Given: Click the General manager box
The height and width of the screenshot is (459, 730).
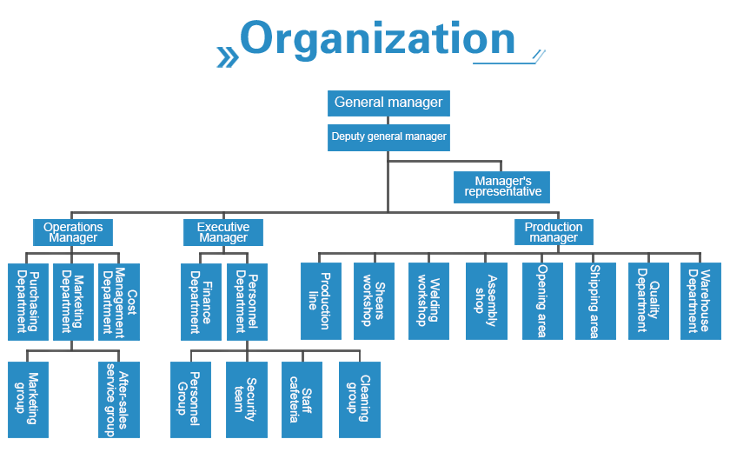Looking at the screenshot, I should (388, 103).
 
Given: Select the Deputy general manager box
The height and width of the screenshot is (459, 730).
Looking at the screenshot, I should (388, 137).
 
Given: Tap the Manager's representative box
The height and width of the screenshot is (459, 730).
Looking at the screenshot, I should (501, 187).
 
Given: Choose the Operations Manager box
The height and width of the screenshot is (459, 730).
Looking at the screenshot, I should (73, 232).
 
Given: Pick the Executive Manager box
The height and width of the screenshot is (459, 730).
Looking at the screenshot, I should (223, 232).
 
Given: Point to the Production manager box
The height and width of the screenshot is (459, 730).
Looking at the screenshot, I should (554, 232).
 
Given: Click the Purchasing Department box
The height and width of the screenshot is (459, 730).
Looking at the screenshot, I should (28, 301).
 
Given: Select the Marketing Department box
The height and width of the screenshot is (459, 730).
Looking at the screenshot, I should (73, 301).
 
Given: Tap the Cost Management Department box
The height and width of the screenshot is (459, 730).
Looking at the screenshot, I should (119, 301).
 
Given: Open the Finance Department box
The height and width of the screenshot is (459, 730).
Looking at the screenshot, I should (201, 301).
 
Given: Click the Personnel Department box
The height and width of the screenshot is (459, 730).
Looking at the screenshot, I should (247, 301).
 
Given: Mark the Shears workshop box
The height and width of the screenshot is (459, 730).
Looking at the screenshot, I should (374, 301).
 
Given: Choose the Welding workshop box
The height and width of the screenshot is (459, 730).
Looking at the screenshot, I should (428, 301).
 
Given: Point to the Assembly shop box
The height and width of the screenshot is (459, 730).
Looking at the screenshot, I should (486, 301).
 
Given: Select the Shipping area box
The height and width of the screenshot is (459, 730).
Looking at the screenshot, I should (595, 301).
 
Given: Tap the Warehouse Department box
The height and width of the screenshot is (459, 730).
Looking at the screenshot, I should (700, 301).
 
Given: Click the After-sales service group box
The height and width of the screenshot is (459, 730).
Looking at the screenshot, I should (119, 400).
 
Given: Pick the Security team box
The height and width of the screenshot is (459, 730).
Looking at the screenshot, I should (246, 400).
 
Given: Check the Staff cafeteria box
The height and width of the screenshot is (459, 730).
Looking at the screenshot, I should (302, 400).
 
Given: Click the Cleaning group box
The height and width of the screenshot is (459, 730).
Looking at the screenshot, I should (359, 400).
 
